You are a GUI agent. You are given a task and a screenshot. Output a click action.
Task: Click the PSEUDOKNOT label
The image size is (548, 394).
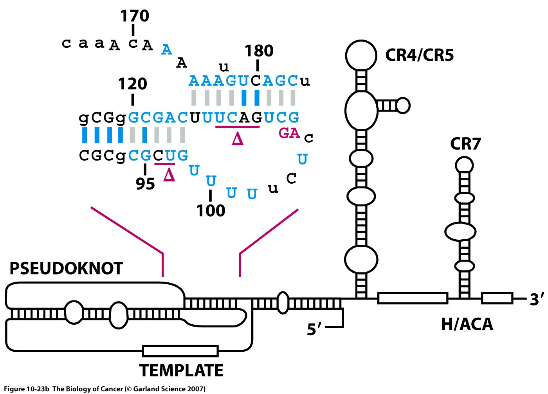[66, 269]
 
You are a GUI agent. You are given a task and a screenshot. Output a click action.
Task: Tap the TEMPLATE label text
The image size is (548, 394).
[182, 371]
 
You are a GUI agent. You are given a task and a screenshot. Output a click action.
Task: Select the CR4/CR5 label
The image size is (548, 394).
[419, 55]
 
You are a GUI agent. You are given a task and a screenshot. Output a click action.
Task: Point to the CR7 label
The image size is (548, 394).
[465, 144]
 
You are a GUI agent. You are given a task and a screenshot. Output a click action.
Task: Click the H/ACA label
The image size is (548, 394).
[467, 324]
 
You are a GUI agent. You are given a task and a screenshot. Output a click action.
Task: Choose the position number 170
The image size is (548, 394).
[134, 16]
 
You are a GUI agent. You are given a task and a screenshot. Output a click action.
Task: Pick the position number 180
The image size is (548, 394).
[259, 51]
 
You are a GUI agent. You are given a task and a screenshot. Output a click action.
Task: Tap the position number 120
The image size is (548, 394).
[133, 84]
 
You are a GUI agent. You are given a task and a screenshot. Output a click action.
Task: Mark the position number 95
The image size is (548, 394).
[145, 184]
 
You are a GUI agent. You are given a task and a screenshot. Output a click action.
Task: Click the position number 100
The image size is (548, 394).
[211, 211]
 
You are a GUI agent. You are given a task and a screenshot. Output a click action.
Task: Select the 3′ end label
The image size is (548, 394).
[537, 300]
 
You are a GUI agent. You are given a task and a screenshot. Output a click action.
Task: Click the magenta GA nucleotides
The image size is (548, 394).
[289, 133]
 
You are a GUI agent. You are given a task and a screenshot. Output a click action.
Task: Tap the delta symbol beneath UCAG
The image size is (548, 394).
[238, 139]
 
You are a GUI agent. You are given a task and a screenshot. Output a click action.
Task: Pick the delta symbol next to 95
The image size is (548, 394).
[169, 175]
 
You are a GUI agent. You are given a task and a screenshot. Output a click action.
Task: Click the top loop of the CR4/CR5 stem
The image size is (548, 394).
[361, 55]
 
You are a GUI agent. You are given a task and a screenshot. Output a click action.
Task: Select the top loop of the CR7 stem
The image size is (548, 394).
[464, 165]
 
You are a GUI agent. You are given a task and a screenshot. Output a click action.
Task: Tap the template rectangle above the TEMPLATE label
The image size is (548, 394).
[180, 351]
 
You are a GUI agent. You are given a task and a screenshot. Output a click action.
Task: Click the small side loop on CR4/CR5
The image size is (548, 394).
[403, 105]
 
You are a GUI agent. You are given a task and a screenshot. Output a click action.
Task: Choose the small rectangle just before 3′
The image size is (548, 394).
[497, 298]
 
